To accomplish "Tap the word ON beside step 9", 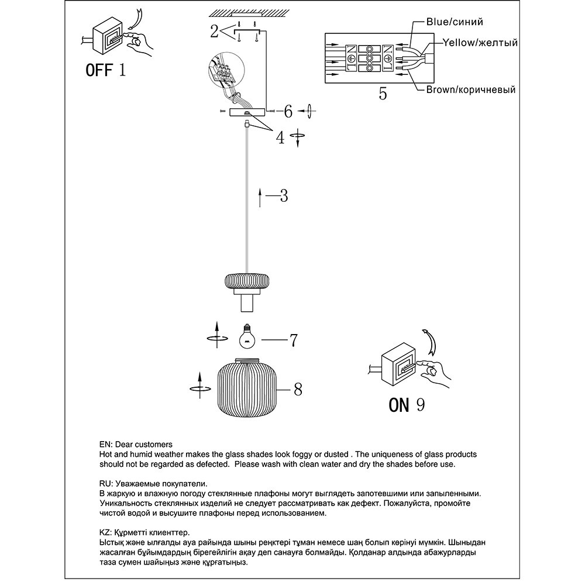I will [x=399, y=404].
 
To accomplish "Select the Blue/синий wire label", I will [x=455, y=22].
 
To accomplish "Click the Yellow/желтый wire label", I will [x=480, y=43].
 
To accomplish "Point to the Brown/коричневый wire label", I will [x=470, y=90].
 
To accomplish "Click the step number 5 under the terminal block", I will [x=383, y=94].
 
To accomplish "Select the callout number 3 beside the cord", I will [x=283, y=196].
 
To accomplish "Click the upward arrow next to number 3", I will [x=260, y=198].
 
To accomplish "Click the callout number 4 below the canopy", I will [x=281, y=138].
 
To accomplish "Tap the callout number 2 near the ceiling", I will [x=215, y=31].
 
